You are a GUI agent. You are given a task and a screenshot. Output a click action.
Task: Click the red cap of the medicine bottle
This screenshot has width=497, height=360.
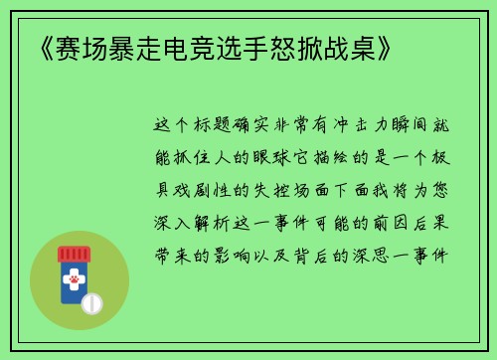tap(75, 254)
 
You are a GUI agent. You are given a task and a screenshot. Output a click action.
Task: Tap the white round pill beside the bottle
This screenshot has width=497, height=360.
tap(92, 300)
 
